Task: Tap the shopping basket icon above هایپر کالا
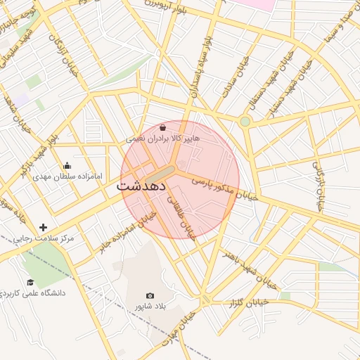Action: pos(163,128)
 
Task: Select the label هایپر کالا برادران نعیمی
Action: pos(163,139)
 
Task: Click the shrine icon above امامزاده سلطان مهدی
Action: pos(67,166)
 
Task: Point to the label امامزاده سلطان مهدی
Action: pos(67,175)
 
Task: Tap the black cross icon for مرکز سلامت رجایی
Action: pos(44,227)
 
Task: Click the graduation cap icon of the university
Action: pos(31,282)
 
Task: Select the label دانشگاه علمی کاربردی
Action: pos(32,292)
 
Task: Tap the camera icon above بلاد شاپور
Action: pos(150,296)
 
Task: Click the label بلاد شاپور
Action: pos(150,307)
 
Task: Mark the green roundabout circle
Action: pos(245,122)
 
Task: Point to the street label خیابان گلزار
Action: pos(244,302)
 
